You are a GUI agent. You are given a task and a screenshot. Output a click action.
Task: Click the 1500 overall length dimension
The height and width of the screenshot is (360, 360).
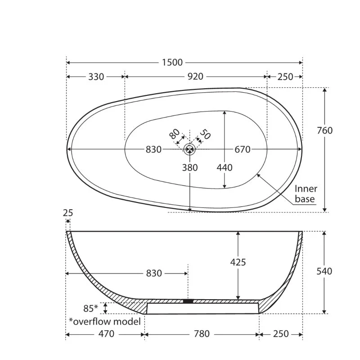172,63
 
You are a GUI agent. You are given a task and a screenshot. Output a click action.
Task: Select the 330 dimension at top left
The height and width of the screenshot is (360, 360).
96,76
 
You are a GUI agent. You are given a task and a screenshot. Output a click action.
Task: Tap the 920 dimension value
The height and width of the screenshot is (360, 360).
195,76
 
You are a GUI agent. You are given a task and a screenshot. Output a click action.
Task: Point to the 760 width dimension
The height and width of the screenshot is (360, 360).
324,130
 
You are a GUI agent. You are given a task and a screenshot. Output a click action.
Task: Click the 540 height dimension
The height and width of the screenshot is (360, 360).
324,271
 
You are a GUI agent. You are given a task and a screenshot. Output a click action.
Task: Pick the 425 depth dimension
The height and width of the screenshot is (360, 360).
238,262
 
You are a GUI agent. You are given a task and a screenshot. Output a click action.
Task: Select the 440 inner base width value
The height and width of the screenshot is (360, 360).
225,167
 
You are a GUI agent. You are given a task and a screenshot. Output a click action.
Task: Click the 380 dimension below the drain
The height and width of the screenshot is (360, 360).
190,167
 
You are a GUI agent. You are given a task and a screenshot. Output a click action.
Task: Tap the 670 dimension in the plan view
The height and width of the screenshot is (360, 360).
243,149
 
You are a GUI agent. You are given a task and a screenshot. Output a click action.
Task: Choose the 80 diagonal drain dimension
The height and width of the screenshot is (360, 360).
175,134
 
